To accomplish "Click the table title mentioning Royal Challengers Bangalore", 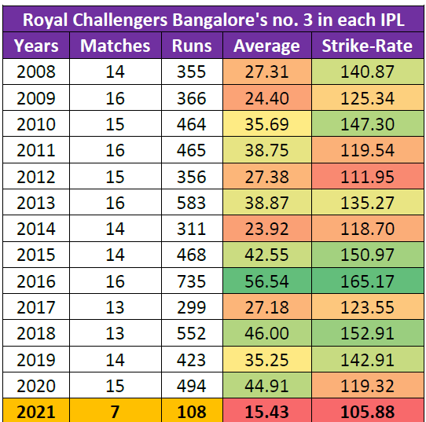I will pyautogui.click(x=213, y=17).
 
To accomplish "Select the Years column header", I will pyautogui.click(x=36, y=46).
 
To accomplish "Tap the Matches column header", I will pyautogui.click(x=115, y=46).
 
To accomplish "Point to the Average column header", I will pyautogui.click(x=266, y=46).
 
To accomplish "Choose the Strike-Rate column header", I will pyautogui.click(x=367, y=46).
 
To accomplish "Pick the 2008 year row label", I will pyautogui.click(x=36, y=72).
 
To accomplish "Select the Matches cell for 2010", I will pyautogui.click(x=115, y=123).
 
